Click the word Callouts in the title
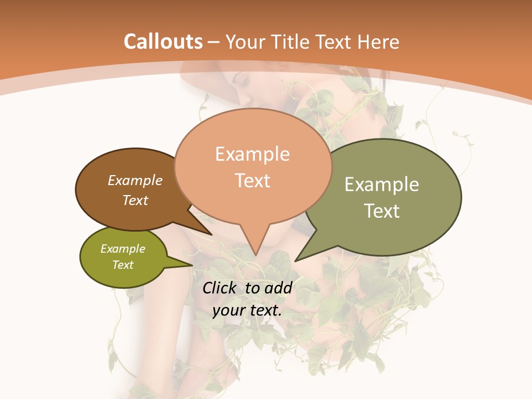point(163,42)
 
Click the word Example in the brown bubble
point(135,180)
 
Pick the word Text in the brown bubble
point(135,200)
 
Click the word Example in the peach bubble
point(252,154)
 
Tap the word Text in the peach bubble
point(252,181)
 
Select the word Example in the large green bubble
point(382,185)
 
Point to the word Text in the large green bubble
point(382,211)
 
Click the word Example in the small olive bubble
point(123,249)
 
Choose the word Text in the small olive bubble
point(123,265)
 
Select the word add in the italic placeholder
point(278,288)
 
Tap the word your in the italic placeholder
point(229,310)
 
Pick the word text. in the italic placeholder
point(265,310)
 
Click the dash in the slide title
point(214,42)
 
